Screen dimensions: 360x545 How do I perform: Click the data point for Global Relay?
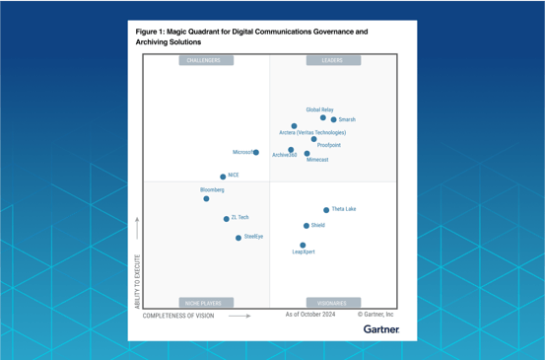323,118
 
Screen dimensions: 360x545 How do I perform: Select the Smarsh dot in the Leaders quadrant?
334,120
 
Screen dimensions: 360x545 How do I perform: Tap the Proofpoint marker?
314,139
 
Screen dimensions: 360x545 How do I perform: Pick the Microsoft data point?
256,153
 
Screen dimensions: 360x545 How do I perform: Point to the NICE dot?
223,177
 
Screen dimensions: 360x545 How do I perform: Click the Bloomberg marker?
206,199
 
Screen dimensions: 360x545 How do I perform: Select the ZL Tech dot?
226,219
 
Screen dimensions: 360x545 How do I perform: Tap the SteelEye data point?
238,238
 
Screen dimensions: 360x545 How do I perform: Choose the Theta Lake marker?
326,210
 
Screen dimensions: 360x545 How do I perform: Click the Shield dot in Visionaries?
307,226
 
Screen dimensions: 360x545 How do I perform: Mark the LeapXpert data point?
303,246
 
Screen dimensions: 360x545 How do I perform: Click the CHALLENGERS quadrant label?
206,60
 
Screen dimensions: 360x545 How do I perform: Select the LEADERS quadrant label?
332,60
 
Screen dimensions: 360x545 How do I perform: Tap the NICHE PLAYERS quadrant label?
206,303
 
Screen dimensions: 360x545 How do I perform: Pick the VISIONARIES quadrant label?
332,303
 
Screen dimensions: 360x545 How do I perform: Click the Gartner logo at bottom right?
380,329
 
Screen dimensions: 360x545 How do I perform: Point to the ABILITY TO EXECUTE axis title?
137,281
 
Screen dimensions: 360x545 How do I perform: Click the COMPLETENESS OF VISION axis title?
178,316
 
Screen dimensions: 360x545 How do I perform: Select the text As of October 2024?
310,315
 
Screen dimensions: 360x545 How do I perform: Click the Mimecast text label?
317,160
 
